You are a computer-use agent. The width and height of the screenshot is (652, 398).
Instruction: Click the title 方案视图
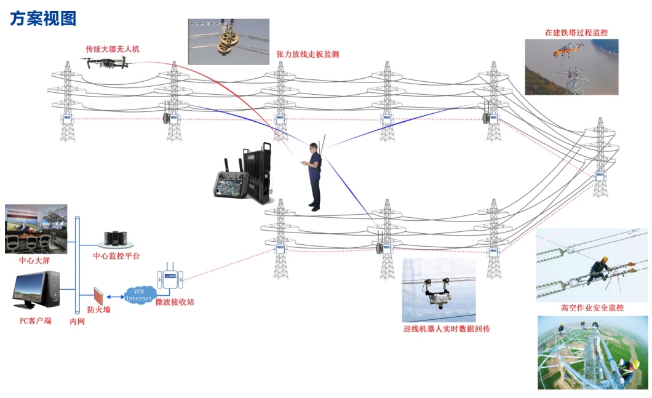coord(43,18)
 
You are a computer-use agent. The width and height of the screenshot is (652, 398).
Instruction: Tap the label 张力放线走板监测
coord(308,54)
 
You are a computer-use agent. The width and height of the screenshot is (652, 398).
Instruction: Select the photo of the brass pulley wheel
coord(228,41)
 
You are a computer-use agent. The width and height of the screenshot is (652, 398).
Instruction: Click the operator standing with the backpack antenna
coord(315,176)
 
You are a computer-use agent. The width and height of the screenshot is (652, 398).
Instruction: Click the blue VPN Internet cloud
coord(138,295)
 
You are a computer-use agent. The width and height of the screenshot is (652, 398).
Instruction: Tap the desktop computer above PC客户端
coord(37,292)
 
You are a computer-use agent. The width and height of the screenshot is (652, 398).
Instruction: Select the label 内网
coord(78,321)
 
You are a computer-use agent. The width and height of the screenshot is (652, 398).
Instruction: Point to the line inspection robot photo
coord(439,290)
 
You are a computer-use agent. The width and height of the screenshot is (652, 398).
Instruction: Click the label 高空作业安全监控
coord(592,308)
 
